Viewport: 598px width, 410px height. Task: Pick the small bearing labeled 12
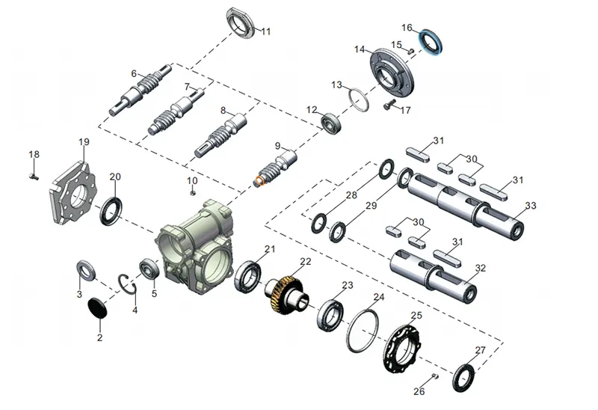point(330,122)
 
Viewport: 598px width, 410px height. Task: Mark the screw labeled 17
point(389,107)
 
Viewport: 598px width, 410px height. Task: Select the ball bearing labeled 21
point(247,278)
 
